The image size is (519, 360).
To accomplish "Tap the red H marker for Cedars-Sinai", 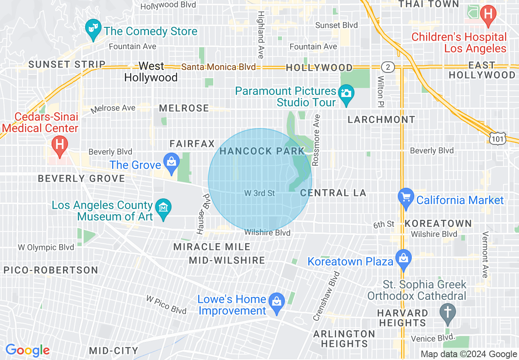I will coord(60,145).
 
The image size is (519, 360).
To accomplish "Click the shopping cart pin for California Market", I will coord(406,198).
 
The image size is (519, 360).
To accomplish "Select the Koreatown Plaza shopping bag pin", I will coord(404,259).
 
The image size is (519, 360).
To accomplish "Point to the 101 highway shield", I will coord(498,138).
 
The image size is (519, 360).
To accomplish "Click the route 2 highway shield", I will coord(387,67).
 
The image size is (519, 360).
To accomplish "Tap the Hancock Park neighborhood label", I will coord(262,151).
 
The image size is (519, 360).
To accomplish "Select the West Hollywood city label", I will coord(151,72).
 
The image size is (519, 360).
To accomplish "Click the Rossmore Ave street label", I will coord(316,140).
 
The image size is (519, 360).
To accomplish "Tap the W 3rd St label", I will coord(259,193).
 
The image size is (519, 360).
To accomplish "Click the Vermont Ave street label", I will coord(485,254).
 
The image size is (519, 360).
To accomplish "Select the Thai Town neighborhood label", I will coord(429,4).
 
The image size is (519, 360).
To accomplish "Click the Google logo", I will coord(27,350).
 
